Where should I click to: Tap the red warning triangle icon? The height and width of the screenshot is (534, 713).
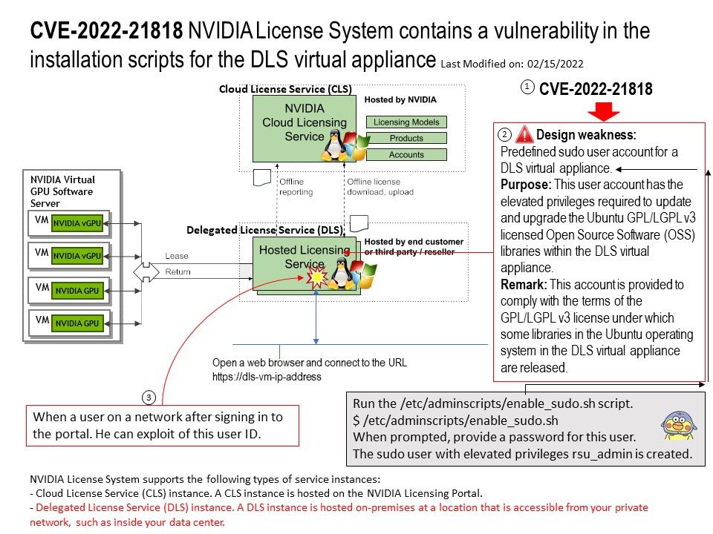(x=524, y=134)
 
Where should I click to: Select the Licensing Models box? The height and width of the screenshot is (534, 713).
(x=406, y=122)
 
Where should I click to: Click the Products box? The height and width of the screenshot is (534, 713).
(x=406, y=138)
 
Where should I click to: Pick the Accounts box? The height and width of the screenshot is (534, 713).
(x=406, y=154)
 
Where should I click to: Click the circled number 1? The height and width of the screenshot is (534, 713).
(x=527, y=88)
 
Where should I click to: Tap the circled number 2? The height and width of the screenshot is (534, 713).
(x=504, y=135)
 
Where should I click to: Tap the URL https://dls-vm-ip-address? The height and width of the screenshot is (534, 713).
(x=267, y=377)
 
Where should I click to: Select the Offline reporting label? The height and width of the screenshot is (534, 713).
(x=296, y=187)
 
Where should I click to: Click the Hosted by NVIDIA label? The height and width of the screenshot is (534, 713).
(x=400, y=99)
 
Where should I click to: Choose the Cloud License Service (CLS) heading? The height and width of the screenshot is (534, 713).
(x=285, y=89)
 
